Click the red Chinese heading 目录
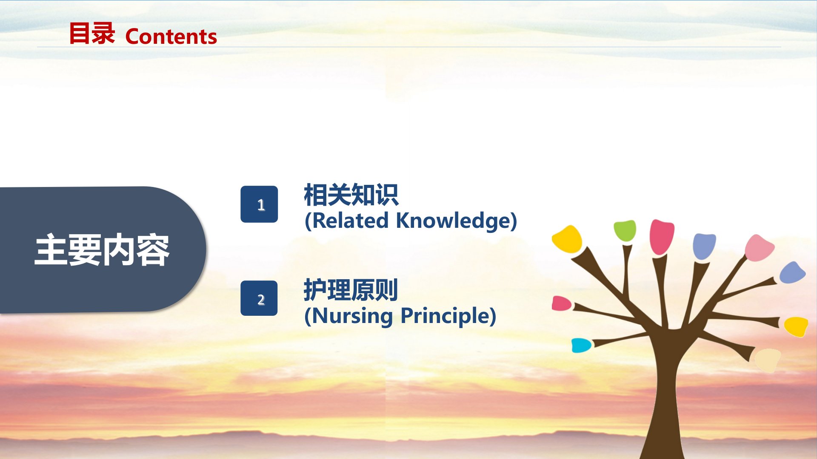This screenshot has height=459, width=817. point(92,34)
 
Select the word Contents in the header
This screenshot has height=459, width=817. point(171,37)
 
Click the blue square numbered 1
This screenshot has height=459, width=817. point(259,204)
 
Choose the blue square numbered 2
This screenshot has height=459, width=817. point(259,298)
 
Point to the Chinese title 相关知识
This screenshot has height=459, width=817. point(351,195)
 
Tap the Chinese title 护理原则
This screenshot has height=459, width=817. point(351,290)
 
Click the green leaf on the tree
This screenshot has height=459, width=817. point(625,231)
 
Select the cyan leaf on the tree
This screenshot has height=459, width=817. point(581,345)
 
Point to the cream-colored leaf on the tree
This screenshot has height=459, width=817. point(768,360)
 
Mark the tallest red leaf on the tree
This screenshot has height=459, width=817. point(661,236)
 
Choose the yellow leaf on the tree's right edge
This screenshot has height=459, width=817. point(796,326)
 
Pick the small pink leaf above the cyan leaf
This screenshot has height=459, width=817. point(561,303)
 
